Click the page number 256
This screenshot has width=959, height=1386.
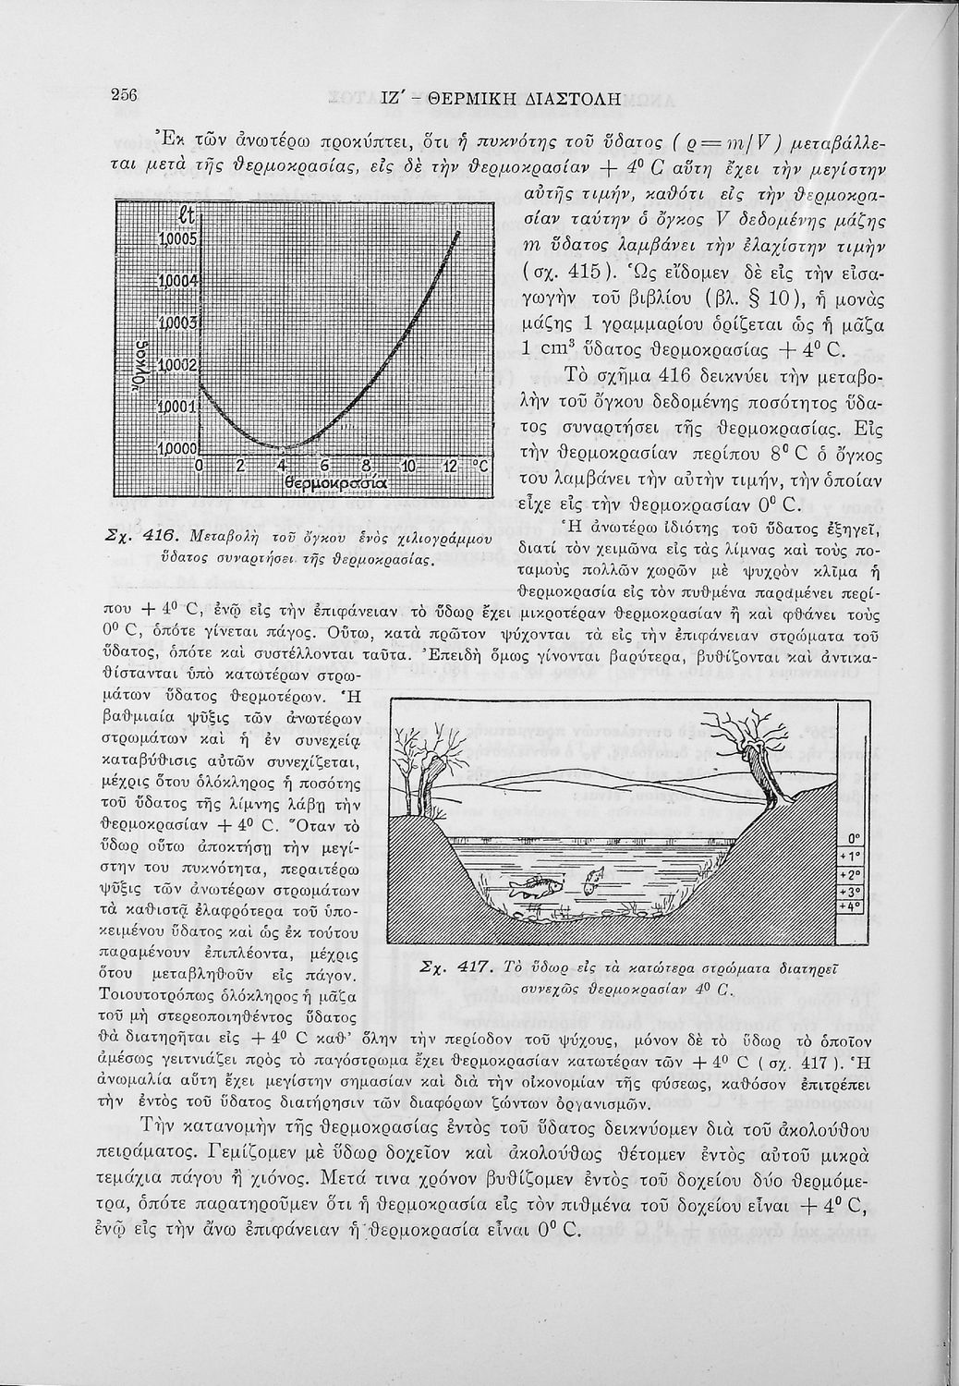[124, 95]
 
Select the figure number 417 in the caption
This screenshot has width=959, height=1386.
[472, 967]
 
